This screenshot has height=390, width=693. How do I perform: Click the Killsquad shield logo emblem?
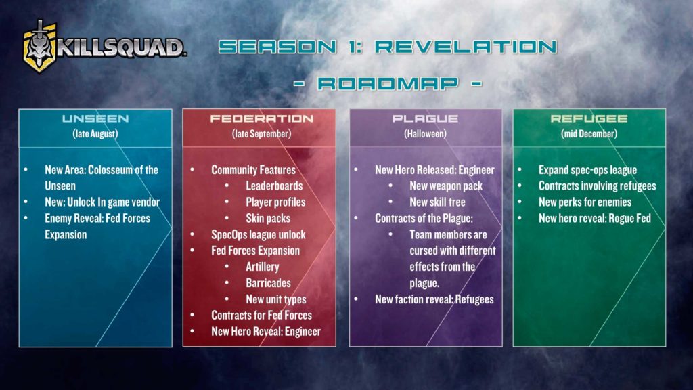40,47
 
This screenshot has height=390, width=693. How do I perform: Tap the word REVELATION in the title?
466,47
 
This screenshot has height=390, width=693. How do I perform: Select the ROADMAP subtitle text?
388,83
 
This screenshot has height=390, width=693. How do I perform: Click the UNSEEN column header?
95,118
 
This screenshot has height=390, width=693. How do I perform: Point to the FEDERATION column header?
262,118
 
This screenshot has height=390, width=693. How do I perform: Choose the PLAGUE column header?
425,118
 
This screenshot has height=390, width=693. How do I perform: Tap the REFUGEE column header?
589,118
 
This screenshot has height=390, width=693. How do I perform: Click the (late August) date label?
95,134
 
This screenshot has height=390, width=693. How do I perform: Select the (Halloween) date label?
425,134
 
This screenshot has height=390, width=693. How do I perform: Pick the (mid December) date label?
589,134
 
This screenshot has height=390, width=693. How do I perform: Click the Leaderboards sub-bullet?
274,186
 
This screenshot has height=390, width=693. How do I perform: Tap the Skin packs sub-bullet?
268,219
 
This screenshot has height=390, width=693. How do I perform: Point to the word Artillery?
263,267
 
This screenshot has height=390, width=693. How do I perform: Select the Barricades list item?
268,283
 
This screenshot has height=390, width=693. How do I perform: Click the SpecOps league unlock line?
258,235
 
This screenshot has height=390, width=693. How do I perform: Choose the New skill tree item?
437,202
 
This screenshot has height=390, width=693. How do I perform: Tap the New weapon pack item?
446,186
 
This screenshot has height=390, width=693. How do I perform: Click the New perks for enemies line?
585,202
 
